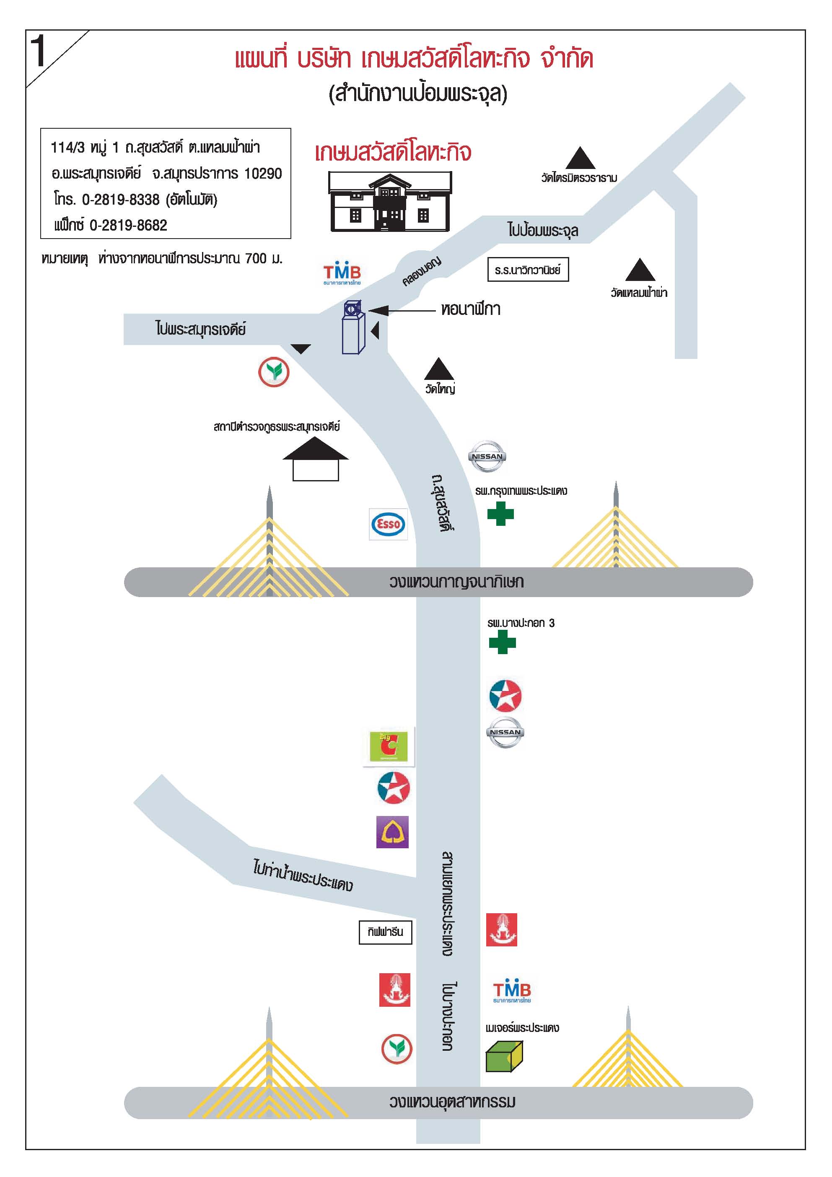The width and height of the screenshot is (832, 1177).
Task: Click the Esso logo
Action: (x=388, y=524)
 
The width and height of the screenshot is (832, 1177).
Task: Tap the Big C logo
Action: (x=388, y=746)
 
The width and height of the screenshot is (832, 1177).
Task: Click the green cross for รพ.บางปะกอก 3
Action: (x=502, y=642)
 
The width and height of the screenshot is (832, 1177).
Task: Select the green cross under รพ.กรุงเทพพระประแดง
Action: (x=500, y=514)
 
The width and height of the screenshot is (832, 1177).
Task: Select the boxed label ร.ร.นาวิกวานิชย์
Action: (x=528, y=270)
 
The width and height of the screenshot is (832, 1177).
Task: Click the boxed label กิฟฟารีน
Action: (x=385, y=932)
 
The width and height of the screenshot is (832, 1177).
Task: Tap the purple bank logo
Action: (x=392, y=831)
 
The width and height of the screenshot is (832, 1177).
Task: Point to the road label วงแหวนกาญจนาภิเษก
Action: (x=456, y=582)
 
